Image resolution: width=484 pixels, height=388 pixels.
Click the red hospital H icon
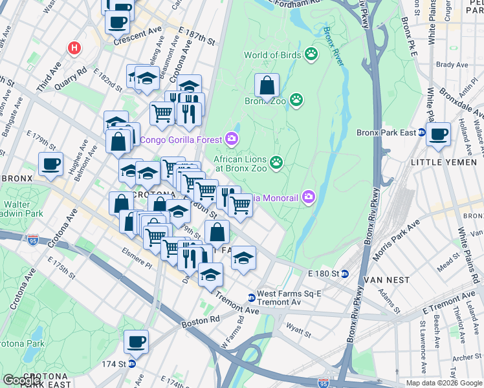(x=75, y=48)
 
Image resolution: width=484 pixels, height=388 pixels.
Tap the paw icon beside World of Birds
(x=312, y=54)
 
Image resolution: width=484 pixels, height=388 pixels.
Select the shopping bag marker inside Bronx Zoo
(x=267, y=86)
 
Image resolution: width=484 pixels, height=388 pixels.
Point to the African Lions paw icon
(x=277, y=162)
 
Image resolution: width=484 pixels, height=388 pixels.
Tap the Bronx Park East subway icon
(x=421, y=133)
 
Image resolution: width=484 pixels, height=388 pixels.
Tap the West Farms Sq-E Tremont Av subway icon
(x=251, y=297)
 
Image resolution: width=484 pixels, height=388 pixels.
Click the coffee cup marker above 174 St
(x=136, y=341)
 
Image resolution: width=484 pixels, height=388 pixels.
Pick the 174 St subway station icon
(x=131, y=364)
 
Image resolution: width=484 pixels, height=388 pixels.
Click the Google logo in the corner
(x=22, y=380)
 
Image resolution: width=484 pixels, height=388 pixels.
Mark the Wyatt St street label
(x=300, y=334)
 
